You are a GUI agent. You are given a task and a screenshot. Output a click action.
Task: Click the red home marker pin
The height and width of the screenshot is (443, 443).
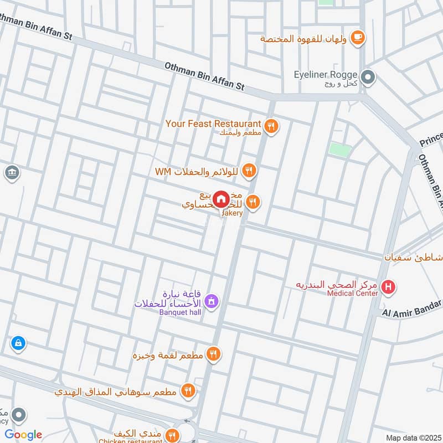[221, 199]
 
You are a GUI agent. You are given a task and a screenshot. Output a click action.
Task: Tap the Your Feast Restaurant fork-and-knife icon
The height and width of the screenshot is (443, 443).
[271, 126]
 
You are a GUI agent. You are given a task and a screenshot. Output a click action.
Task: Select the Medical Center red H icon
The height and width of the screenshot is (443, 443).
[389, 287]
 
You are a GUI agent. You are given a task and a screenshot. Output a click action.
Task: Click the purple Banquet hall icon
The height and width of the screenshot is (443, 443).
[210, 302]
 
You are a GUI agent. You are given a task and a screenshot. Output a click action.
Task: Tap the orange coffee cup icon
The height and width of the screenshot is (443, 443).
[358, 37]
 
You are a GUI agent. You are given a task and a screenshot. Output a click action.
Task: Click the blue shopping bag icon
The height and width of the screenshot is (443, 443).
[18, 343]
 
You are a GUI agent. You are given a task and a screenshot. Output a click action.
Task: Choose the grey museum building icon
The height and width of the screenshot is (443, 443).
[11, 173]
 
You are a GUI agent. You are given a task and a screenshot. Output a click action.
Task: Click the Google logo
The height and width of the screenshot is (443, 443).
[23, 435]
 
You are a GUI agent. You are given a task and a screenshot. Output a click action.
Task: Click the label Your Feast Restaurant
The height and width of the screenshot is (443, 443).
[213, 123]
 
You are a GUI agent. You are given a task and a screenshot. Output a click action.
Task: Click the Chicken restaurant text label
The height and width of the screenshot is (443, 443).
[130, 441]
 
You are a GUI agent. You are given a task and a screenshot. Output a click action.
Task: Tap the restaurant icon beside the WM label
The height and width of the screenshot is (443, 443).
[249, 171]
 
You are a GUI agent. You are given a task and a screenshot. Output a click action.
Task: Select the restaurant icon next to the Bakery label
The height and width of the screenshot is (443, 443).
[253, 202]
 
